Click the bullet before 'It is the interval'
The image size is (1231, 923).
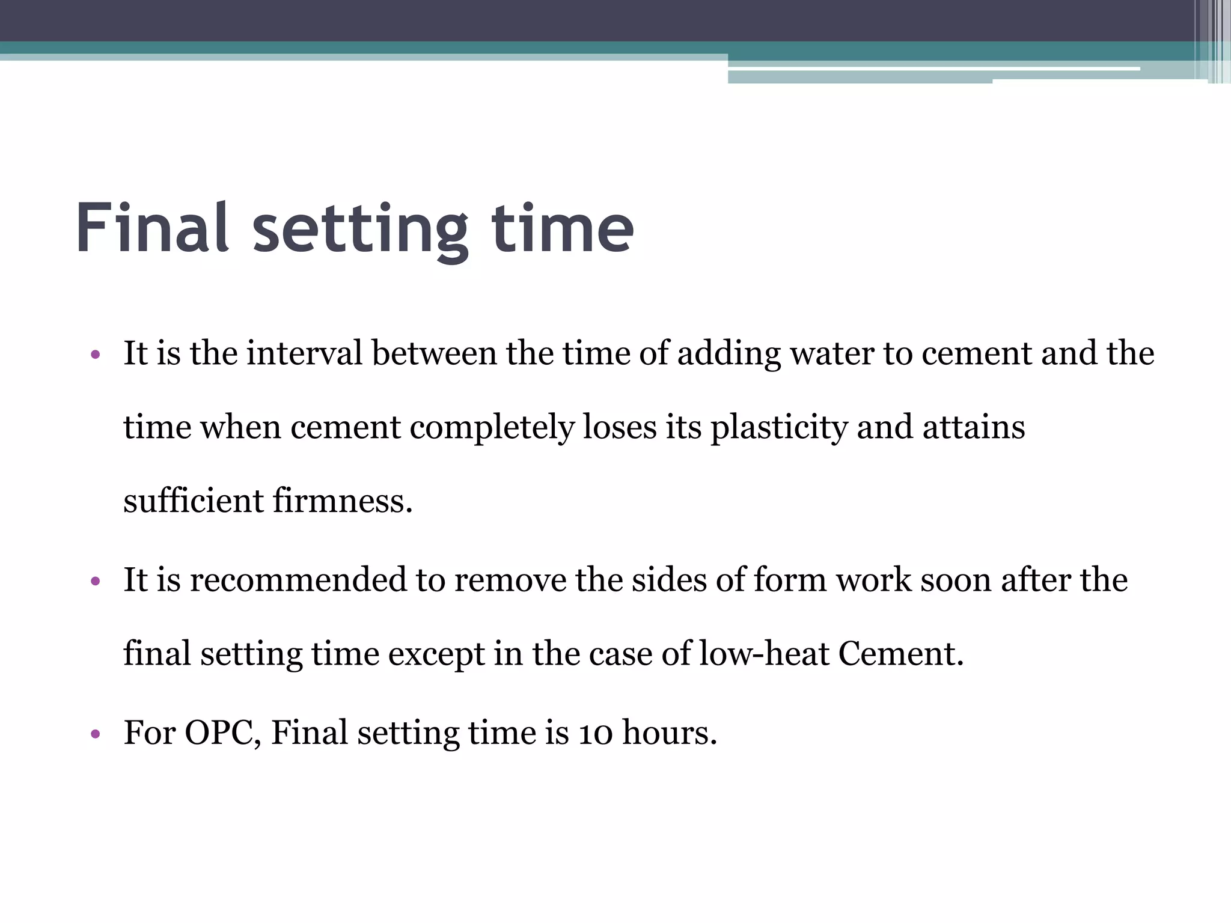coord(94,354)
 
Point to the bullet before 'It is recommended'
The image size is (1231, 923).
coord(94,581)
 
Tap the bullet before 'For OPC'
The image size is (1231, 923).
coord(94,734)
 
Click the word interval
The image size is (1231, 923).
coord(304,353)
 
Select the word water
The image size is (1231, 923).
coord(832,353)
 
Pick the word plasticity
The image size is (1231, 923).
coord(779,428)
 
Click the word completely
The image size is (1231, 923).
coord(492,428)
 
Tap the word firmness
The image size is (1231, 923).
coord(343,501)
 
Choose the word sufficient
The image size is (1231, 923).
coord(194,501)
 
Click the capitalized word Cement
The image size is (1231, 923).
coord(900,654)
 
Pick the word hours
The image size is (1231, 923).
coord(669,733)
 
